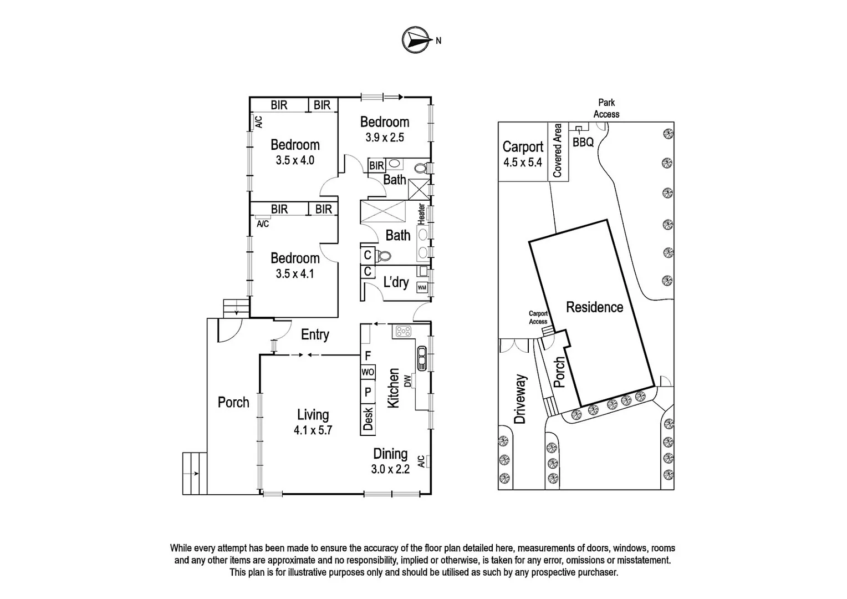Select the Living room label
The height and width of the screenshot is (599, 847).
point(313,415)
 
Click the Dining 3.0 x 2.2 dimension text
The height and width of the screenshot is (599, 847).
point(390,469)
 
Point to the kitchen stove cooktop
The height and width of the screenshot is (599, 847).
point(403,332)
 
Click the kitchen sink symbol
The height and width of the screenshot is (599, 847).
point(421,358)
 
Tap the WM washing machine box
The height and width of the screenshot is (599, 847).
point(422,287)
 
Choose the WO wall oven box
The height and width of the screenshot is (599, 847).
point(368,372)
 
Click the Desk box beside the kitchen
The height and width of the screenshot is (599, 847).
point(368,419)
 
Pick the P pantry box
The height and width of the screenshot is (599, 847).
point(368,392)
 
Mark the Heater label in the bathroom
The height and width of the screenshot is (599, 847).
point(421,214)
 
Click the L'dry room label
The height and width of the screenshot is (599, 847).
point(396,282)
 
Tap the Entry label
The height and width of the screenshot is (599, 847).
point(315,334)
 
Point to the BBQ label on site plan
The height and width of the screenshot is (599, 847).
point(583,142)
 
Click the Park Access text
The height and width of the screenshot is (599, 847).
point(606,108)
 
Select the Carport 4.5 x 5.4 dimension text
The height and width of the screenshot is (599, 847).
point(522,163)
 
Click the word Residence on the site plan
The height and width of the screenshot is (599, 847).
point(594,307)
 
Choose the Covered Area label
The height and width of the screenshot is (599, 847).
point(558,151)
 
